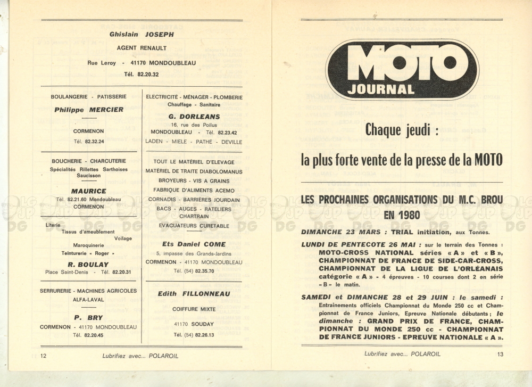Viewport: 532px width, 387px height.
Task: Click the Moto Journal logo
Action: click(x=402, y=70)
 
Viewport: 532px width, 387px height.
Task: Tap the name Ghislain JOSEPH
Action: click(x=142, y=35)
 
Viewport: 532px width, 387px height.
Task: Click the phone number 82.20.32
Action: click(x=148, y=75)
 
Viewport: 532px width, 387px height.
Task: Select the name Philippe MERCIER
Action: click(x=88, y=110)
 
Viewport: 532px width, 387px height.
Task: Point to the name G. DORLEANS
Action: click(x=194, y=117)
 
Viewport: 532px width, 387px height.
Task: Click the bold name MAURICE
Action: click(x=88, y=191)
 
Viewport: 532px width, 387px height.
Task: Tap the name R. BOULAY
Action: click(x=88, y=264)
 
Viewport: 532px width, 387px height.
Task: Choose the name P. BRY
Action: click(x=88, y=317)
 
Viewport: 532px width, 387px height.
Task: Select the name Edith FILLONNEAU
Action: click(x=194, y=294)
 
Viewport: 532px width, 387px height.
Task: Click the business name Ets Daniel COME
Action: click(x=194, y=244)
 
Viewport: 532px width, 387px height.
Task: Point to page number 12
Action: click(x=44, y=356)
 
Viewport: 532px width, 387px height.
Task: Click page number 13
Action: click(x=500, y=354)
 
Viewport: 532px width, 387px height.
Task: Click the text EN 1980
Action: click(x=402, y=215)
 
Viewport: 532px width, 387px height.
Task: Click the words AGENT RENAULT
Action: click(x=142, y=48)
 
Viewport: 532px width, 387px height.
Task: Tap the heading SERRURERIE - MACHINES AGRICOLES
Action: click(x=88, y=291)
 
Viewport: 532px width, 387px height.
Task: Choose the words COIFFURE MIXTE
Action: click(x=194, y=309)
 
